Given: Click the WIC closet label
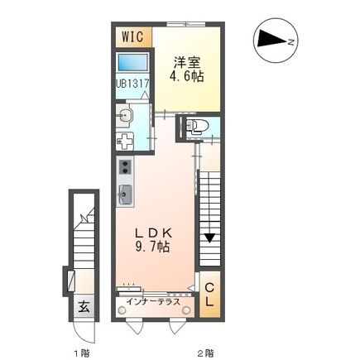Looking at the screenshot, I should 132,36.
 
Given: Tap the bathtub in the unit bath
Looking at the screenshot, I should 132,62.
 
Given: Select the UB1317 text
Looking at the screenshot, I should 132,84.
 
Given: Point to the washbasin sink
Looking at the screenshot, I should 126,115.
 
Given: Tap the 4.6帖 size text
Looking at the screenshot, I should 188,76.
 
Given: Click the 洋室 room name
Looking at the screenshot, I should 187,61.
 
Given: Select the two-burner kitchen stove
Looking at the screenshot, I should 126,170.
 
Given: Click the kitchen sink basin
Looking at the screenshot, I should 126,195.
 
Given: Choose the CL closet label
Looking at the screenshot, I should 210,294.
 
